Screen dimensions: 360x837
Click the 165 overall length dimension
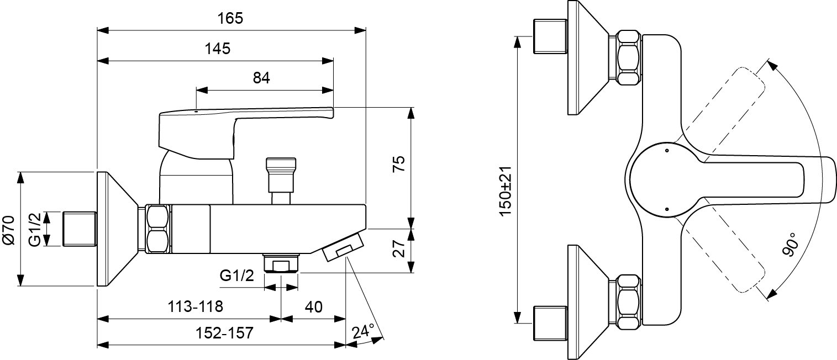pyautogui.click(x=230, y=18)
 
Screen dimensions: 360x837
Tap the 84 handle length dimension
pyautogui.click(x=261, y=78)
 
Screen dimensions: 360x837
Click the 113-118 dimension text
pyautogui.click(x=192, y=306)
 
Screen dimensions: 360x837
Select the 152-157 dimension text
pyautogui.click(x=223, y=333)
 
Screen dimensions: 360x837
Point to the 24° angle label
pyautogui.click(x=363, y=331)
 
